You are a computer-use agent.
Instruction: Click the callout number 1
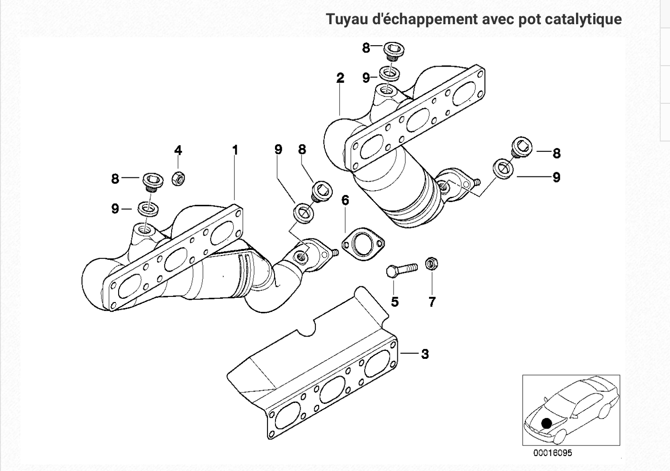[x=235, y=150]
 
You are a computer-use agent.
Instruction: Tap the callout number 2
[x=340, y=78]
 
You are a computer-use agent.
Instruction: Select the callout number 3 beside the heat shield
[x=424, y=354]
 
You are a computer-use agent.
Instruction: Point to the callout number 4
[x=178, y=150]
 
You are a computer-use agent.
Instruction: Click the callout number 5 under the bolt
[x=395, y=302]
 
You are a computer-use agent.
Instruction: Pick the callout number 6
[x=345, y=200]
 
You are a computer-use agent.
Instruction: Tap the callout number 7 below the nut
[x=432, y=302]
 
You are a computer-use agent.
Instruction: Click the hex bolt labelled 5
[x=401, y=269]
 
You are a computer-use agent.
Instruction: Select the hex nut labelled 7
[x=431, y=264]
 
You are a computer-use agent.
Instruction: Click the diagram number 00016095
[x=553, y=453]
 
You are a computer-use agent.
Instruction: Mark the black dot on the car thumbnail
[x=546, y=423]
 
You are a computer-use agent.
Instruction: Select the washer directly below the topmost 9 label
[x=387, y=73]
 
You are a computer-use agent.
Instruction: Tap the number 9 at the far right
[x=556, y=177]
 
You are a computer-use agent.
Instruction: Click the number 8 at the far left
[x=115, y=178]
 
